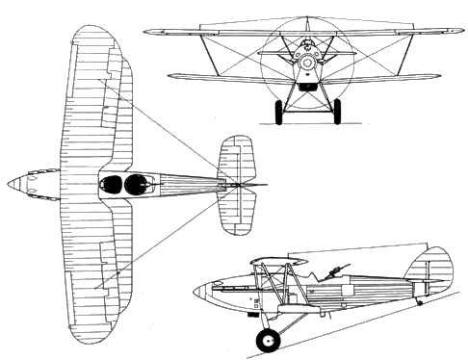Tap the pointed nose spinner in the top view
click(13, 182)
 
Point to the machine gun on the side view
click(340, 266)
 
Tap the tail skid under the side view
click(420, 301)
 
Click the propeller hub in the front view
click(306, 63)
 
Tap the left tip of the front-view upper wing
click(147, 31)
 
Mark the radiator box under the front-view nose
click(306, 85)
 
